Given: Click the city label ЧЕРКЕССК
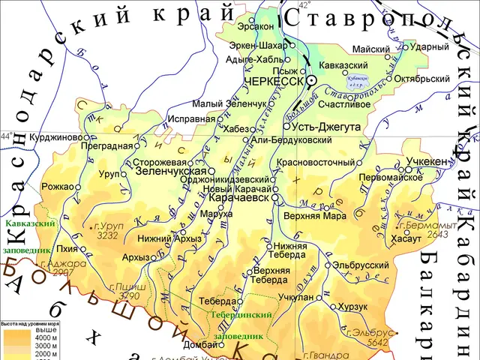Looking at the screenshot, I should tap(274, 80).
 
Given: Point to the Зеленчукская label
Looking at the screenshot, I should tap(171, 171).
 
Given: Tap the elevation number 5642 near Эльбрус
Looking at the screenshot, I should tap(379, 342).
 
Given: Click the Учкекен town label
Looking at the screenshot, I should tap(427, 161).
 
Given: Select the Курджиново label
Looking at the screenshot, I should tap(55, 138).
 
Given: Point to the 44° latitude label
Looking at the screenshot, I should tap(6, 136).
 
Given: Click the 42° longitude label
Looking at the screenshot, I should tap(304, 5).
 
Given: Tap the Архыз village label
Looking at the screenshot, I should tap(136, 257).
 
